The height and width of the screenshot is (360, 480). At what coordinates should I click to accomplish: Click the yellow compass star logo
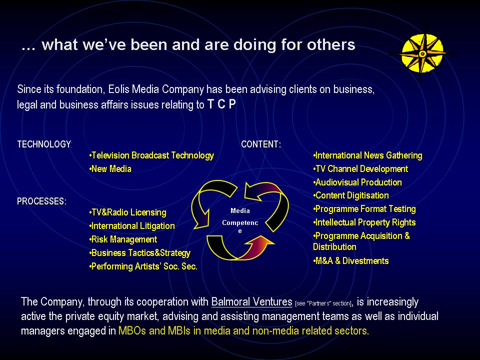coord(422,54)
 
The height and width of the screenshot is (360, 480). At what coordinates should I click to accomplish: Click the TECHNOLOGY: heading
coord(44,144)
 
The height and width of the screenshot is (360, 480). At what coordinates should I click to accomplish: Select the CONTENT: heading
coord(261,144)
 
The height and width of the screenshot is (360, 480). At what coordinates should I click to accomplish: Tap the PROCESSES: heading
coord(41,201)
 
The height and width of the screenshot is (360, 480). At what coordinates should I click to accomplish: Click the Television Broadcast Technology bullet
coord(151,155)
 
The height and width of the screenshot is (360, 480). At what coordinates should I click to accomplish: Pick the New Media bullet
coord(110,168)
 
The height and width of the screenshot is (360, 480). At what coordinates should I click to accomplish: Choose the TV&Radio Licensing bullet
coord(127,212)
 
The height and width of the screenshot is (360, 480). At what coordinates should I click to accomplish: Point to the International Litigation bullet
coord(132,226)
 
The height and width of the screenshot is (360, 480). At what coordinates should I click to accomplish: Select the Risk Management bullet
coord(123,239)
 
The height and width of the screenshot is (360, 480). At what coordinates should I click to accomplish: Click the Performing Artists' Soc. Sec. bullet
coord(143,266)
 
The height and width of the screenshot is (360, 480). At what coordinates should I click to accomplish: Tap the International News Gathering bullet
coord(367,155)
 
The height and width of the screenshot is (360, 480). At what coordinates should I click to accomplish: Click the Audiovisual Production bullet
coord(357,182)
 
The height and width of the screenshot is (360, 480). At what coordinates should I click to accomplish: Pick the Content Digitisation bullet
coord(351,195)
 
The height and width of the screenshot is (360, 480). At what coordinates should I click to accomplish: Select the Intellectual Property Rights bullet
coord(364,222)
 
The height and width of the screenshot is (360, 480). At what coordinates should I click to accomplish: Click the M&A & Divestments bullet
coord(351,261)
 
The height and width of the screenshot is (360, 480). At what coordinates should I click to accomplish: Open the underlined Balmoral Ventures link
coord(251,302)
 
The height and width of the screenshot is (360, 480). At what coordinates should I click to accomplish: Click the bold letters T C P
coord(221,104)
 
